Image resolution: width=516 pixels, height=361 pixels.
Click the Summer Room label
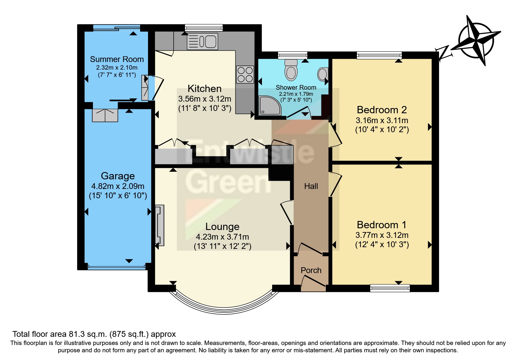click(117, 59)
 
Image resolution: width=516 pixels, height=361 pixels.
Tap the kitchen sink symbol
click(202, 42)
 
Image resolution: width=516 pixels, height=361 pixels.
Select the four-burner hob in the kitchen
click(245, 75)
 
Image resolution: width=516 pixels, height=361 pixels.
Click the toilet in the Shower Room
click(291, 70)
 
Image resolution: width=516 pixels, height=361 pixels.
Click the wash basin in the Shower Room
click(323, 74)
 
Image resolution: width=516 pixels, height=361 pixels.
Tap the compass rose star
click(476, 41)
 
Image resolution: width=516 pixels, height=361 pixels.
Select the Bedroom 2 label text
click(382, 110)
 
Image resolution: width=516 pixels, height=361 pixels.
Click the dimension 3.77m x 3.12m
click(382, 235)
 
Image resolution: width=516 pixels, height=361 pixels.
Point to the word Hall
click(311, 186)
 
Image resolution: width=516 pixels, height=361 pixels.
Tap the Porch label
click(311, 270)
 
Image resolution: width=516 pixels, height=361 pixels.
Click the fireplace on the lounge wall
click(159, 225)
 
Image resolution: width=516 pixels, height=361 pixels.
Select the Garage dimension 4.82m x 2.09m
click(118, 186)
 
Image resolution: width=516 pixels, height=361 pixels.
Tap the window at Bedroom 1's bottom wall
click(390, 288)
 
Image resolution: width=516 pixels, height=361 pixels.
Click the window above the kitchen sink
click(204, 28)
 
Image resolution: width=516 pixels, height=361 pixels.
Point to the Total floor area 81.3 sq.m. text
click(94, 334)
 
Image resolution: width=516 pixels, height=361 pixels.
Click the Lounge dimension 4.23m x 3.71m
click(222, 237)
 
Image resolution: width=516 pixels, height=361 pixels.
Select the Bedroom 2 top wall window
click(379, 55)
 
